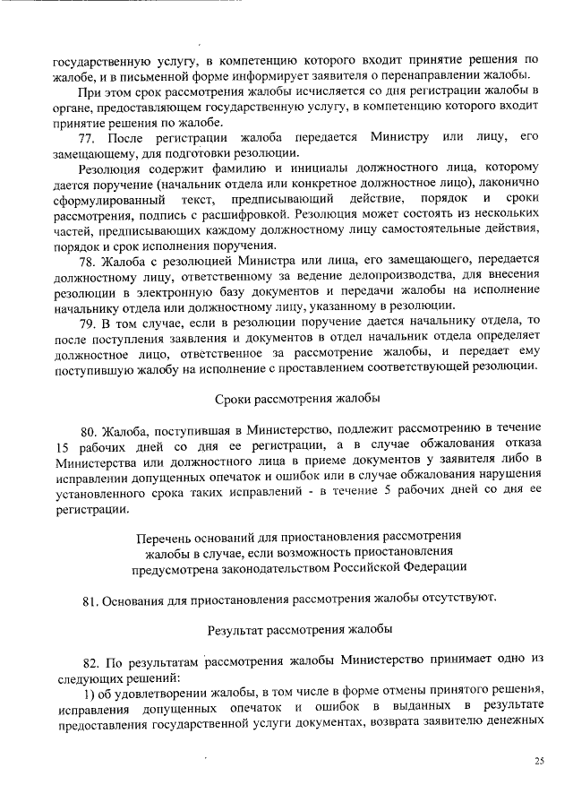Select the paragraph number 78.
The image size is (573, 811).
point(88,261)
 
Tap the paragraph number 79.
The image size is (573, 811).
point(88,322)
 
